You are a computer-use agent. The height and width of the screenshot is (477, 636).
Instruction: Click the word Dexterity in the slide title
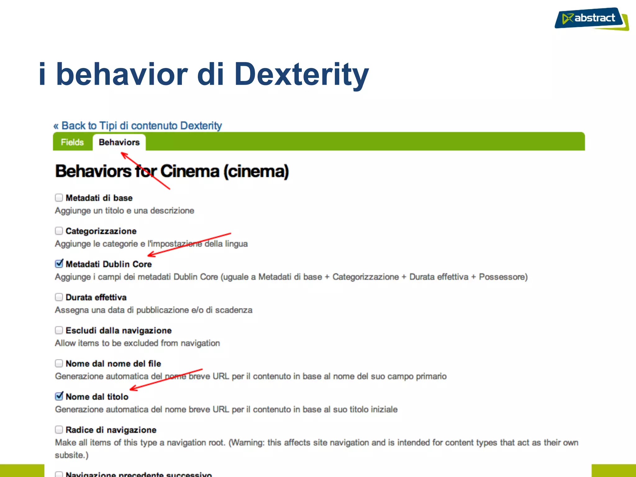point(302,74)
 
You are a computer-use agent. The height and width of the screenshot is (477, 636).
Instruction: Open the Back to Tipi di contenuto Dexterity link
point(138,126)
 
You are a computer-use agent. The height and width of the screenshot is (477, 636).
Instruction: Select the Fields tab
point(72,142)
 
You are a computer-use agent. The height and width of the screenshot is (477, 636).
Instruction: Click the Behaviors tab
point(119,142)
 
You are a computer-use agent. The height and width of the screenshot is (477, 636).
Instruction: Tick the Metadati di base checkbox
point(59,198)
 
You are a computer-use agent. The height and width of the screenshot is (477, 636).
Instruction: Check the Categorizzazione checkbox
point(59,231)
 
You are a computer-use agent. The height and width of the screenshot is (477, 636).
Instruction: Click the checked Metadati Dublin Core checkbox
point(59,264)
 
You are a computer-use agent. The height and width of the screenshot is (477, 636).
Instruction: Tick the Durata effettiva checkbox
point(59,297)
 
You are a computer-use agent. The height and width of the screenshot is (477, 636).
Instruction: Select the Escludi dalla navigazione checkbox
point(59,330)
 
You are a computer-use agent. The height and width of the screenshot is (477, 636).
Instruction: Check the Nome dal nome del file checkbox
point(59,363)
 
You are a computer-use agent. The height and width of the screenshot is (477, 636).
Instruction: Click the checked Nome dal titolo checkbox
point(59,397)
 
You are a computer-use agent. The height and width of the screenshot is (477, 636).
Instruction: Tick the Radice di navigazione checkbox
point(59,429)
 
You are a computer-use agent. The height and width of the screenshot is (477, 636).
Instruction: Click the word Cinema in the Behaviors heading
point(190,171)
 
